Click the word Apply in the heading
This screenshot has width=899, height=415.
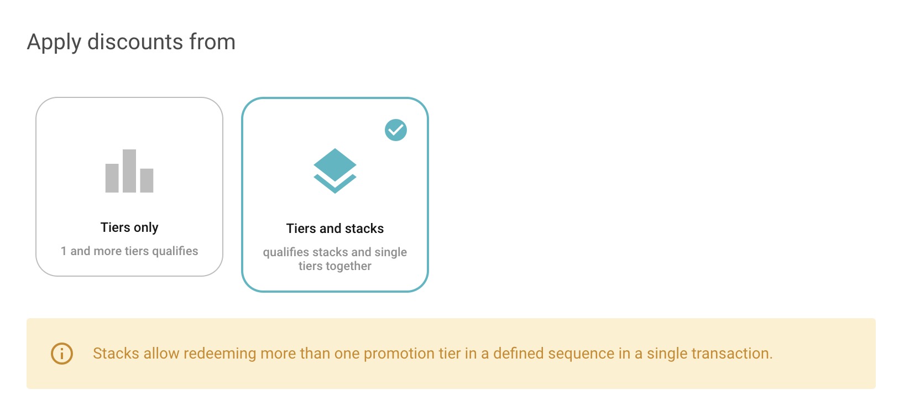coord(54,43)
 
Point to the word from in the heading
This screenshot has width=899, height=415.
coord(212,42)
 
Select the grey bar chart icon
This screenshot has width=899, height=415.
coord(129,171)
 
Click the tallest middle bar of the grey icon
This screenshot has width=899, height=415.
coord(129,171)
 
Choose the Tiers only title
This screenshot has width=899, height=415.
coord(129,227)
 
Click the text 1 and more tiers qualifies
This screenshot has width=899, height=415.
coord(129,251)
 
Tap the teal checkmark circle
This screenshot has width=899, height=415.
coord(396,130)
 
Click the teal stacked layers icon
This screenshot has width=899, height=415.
coord(335,170)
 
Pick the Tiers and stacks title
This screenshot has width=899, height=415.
coord(335,229)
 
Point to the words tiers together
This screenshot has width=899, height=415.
coord(335,266)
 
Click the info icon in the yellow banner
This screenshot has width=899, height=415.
coord(62,354)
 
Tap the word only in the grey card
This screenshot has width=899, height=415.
coord(146,227)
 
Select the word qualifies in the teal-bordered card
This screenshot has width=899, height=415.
coord(286,252)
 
